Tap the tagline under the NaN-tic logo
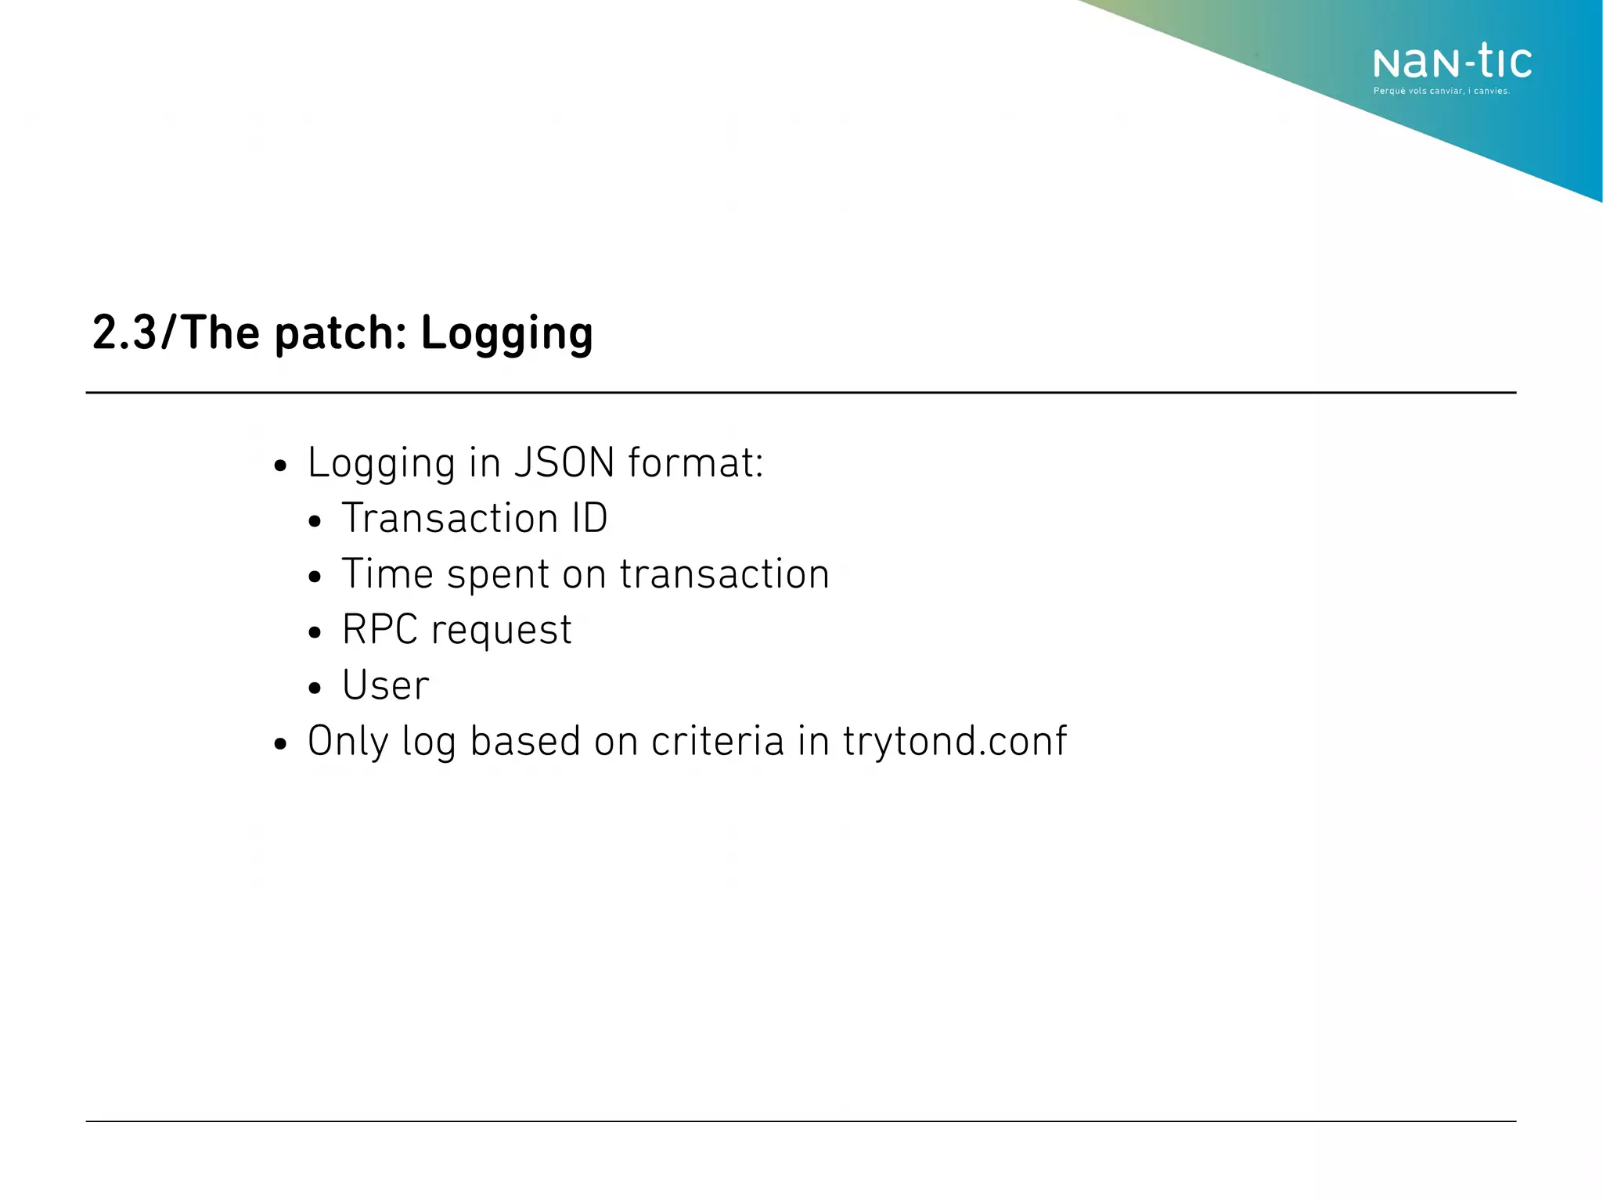point(1441,92)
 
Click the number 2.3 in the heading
point(124,333)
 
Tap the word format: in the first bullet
point(695,462)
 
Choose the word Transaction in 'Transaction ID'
point(450,518)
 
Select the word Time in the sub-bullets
point(387,574)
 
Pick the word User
point(386,685)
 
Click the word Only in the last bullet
point(348,742)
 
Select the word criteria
point(717,740)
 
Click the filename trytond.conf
point(955,742)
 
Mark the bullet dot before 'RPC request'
point(315,632)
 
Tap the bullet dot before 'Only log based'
point(281,744)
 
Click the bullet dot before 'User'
point(315,689)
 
